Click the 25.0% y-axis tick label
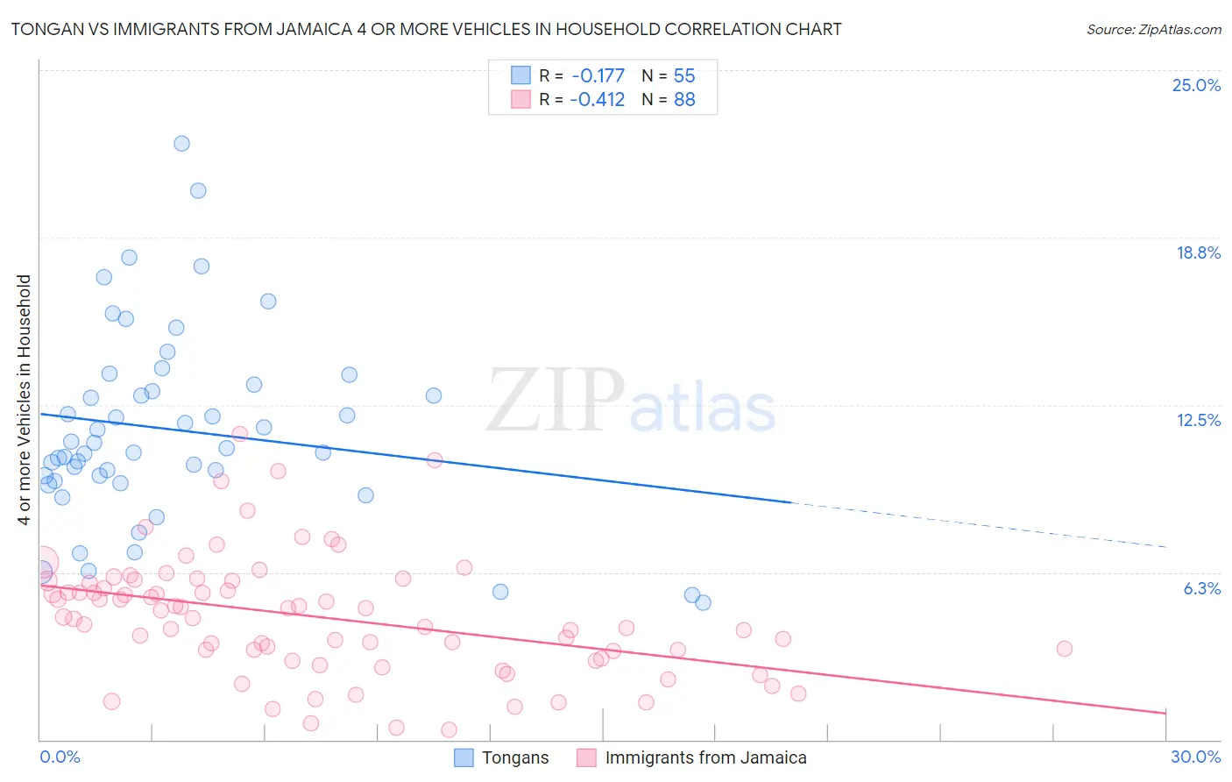[x=1196, y=85]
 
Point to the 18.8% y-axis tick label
[x=1198, y=252]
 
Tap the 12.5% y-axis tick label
[x=1198, y=420]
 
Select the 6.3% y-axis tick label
[x=1201, y=588]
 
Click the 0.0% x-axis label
[x=60, y=757]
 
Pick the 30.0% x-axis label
[x=1195, y=757]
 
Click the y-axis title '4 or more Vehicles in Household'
[x=25, y=400]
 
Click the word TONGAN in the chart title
[x=45, y=29]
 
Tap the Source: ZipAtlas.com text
[x=1153, y=29]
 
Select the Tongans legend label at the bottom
[x=515, y=757]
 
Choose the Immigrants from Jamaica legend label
[x=705, y=757]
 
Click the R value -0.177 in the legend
[x=598, y=75]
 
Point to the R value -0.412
[x=598, y=99]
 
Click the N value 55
[x=684, y=75]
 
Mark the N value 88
[x=684, y=99]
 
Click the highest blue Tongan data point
[x=181, y=144]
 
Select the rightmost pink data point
[x=1064, y=649]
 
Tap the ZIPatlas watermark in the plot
[x=631, y=402]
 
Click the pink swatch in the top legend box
[x=520, y=99]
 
